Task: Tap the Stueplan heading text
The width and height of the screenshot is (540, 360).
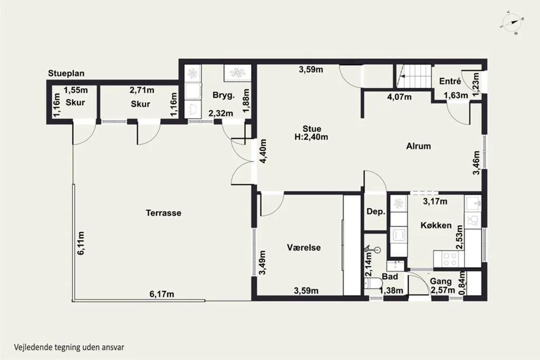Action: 66,73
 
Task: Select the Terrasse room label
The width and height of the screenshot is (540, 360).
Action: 163,213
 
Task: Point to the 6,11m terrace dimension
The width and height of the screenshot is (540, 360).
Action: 81,243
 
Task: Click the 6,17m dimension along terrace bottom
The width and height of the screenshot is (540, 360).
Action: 161,294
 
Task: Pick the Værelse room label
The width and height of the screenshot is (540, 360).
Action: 304,247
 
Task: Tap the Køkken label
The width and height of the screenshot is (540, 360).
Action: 436,226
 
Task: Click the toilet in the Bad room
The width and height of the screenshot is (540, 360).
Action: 373,284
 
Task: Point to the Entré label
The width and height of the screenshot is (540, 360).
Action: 450,81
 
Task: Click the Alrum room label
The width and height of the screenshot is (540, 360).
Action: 418,147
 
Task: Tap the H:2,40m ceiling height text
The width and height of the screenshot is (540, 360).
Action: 311,137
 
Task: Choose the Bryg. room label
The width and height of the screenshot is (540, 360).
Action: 224,95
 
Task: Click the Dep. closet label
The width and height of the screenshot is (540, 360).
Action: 375,212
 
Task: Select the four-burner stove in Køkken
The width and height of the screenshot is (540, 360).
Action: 449,259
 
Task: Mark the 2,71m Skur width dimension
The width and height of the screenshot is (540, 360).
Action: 142,90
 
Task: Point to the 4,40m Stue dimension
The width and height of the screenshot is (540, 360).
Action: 263,151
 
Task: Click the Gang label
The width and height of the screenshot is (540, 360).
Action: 441,281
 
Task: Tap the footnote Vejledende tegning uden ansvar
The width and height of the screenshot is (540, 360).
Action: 69,347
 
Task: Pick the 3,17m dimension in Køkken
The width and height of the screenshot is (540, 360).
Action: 435,201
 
